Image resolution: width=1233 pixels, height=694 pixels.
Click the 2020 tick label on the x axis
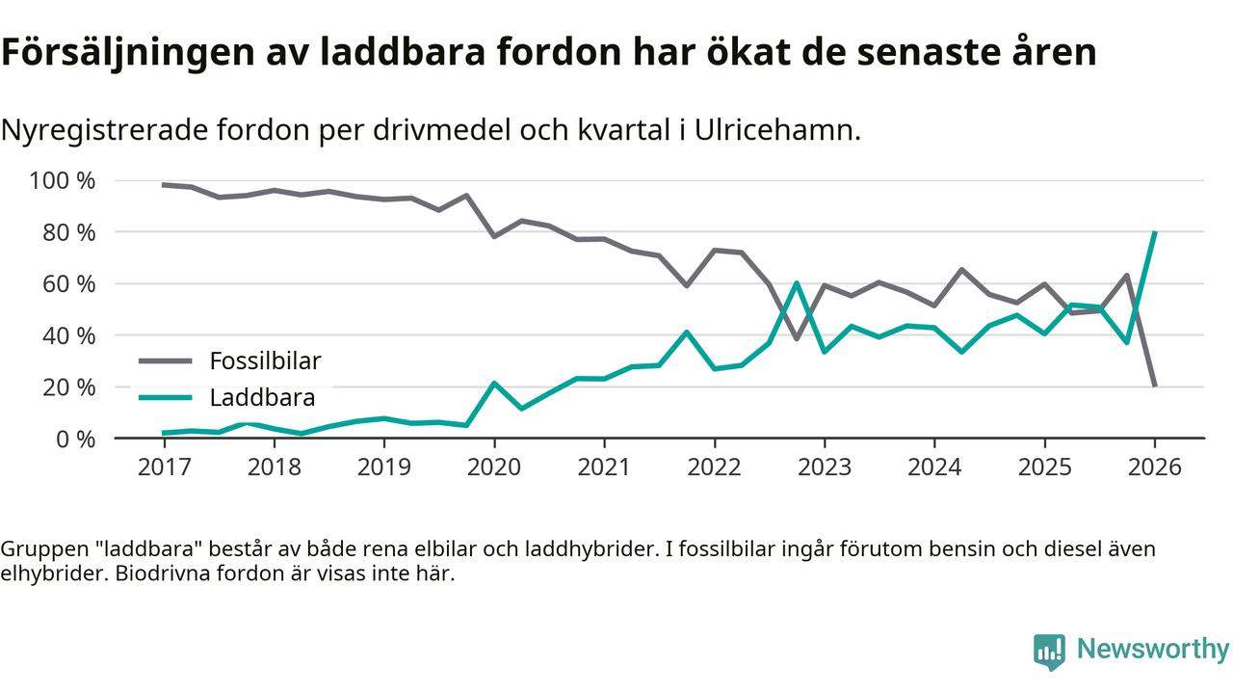coord(494,467)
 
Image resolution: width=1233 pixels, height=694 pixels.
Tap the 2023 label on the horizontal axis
coord(825,467)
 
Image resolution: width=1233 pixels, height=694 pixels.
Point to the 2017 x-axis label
coord(164,467)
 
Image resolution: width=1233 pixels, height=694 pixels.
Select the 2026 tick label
coord(1155,467)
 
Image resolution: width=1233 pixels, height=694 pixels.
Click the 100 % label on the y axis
coord(63,181)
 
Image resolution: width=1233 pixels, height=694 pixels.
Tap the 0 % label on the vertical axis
coord(74,439)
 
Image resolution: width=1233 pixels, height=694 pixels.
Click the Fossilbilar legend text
coord(265,361)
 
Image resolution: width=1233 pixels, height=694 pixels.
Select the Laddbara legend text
coord(262,397)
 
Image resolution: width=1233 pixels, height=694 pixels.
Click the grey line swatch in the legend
coord(166,361)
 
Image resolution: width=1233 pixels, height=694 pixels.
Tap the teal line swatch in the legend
coord(166,397)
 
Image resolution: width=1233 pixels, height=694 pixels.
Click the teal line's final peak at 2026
coord(1155,232)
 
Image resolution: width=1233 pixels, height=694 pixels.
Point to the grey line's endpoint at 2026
coord(1155,386)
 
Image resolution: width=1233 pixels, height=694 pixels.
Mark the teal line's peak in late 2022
coord(797,283)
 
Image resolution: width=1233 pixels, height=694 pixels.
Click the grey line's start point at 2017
coord(164,185)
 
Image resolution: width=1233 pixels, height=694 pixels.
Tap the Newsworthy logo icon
coord(1049,652)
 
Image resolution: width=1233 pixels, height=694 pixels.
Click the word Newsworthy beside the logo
coord(1153,650)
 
